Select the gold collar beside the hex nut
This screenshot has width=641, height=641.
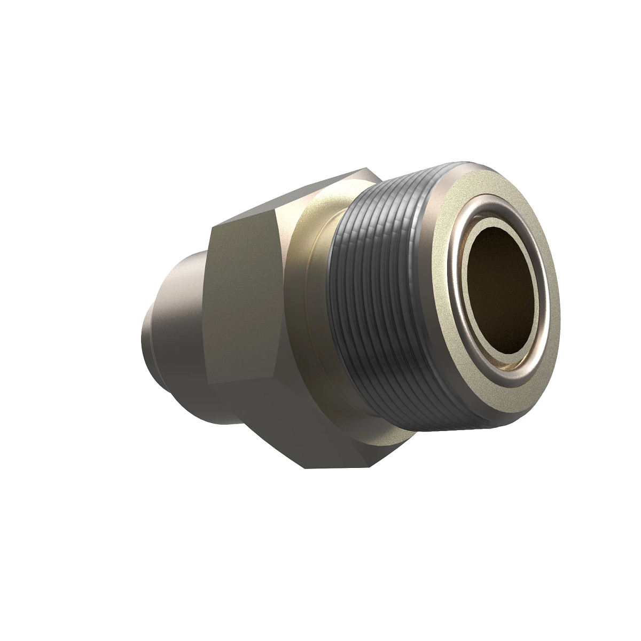(x=304, y=278)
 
